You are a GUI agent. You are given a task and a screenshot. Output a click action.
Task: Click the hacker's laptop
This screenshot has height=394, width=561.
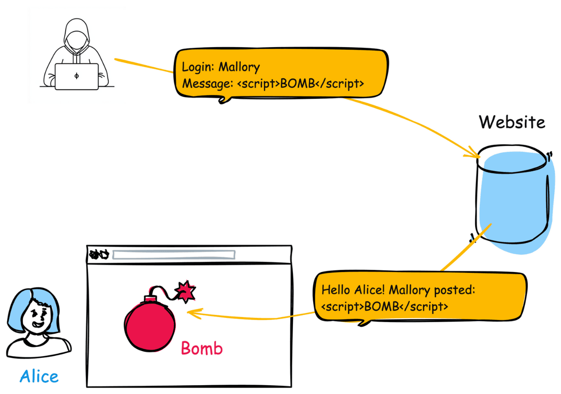[76, 77]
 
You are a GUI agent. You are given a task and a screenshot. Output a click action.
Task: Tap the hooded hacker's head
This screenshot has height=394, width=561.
[77, 36]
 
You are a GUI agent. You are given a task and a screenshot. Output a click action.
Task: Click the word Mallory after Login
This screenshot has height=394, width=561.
[239, 67]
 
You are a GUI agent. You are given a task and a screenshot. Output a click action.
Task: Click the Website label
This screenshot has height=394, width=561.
[512, 122]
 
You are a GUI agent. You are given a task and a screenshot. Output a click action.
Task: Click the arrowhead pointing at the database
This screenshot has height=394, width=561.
[474, 154]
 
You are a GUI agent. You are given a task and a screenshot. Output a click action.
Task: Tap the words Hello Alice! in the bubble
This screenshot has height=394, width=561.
[353, 290]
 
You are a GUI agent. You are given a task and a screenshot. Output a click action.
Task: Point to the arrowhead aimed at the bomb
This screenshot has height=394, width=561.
[192, 313]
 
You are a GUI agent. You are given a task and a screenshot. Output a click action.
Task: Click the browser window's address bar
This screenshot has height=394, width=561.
[174, 255]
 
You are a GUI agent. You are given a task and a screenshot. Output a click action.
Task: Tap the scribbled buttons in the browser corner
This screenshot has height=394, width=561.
[100, 254]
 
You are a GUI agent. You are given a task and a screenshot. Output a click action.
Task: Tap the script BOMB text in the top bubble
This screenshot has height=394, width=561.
[300, 84]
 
